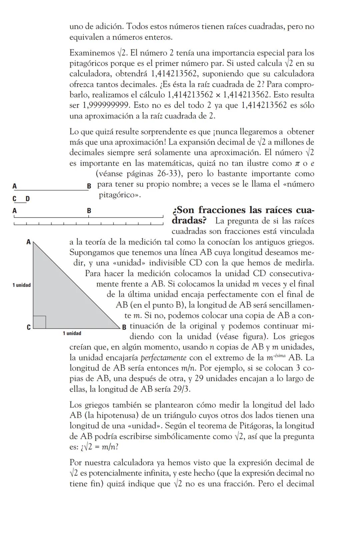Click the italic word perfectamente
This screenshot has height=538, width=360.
pos(163,358)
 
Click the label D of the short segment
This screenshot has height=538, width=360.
pos(28,199)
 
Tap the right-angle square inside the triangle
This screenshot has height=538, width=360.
pos(40,322)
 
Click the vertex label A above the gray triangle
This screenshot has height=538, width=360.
pos(28,242)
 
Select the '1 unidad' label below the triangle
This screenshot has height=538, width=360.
pos(72,333)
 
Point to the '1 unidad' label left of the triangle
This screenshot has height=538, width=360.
pos(22,285)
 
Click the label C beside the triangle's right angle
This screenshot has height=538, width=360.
pos(29,327)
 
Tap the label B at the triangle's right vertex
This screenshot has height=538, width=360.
pos(124,327)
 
